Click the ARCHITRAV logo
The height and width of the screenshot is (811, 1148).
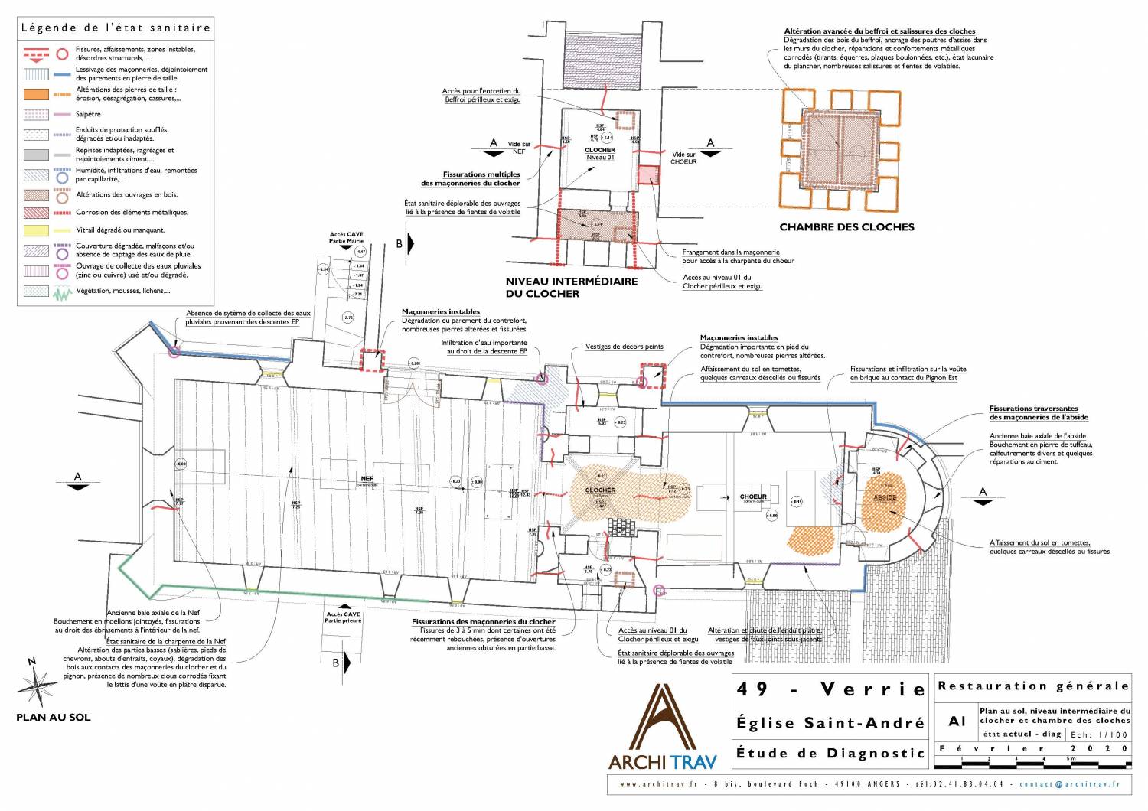point(663,727)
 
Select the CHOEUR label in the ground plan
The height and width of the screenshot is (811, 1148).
point(753,497)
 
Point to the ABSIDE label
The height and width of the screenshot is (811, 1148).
point(884,497)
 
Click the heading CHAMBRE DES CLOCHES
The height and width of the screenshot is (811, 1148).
point(846,227)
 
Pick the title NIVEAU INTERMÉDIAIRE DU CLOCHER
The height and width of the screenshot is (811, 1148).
point(571,287)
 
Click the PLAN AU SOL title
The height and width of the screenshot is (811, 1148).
point(54,718)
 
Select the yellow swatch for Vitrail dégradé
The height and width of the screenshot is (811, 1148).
point(36,230)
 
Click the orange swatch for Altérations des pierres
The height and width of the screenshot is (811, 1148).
point(36,94)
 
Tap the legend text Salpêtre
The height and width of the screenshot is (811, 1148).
point(88,114)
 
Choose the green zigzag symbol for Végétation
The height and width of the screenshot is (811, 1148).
point(62,292)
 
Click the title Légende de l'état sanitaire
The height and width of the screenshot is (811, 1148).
point(116,28)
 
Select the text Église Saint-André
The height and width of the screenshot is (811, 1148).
point(830,723)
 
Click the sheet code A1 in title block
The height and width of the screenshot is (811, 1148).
point(957,721)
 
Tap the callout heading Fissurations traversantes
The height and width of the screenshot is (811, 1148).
point(1033,409)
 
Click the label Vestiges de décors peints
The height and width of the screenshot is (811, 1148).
point(624,347)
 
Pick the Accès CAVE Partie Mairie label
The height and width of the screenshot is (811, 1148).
point(346,238)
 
